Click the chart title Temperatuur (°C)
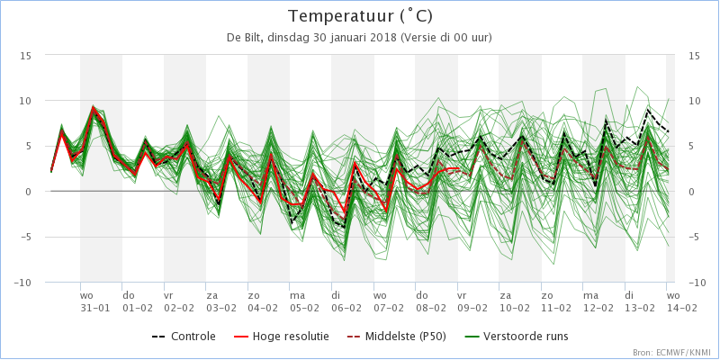click(x=360, y=16)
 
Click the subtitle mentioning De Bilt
click(x=359, y=38)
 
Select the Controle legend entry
click(x=184, y=336)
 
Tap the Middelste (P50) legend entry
click(x=396, y=336)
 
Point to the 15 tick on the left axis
click(x=26, y=55)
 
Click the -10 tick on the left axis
click(x=22, y=283)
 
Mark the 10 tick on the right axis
click(x=694, y=101)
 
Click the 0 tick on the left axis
click(x=29, y=192)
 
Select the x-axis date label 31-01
click(x=95, y=308)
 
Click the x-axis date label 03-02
click(x=220, y=308)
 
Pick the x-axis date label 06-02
click(x=346, y=308)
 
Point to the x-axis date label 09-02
click(x=472, y=308)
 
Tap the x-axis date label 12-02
click(x=598, y=308)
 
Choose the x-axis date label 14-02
click(x=681, y=308)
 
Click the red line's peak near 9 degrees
click(x=94, y=107)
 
